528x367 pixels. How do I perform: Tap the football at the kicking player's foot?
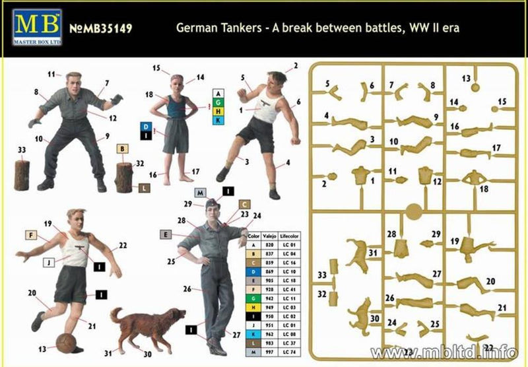[x=67, y=342]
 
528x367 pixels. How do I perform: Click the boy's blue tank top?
[x=176, y=106]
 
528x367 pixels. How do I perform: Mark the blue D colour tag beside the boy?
[x=145, y=126]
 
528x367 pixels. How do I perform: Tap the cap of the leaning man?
[x=210, y=203]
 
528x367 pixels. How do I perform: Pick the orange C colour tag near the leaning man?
[x=244, y=204]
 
